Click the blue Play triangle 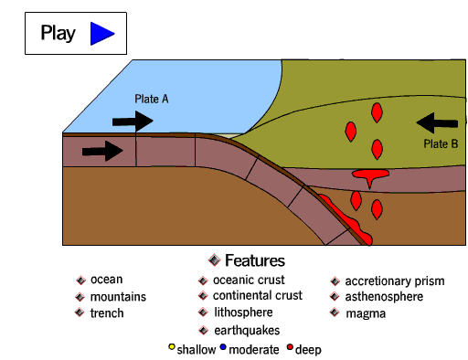[101, 34]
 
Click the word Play [58, 34]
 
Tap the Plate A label [152, 99]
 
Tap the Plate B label [442, 143]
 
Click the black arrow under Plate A [133, 121]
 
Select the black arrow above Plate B [436, 122]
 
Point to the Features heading [254, 260]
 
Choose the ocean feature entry [106, 280]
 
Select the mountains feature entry [118, 297]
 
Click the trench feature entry [107, 313]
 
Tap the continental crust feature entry [257, 296]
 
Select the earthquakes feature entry [246, 330]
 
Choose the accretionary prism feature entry [394, 281]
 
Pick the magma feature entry [366, 313]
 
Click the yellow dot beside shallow [172, 347]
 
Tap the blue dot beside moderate [223, 347]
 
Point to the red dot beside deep [290, 347]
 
